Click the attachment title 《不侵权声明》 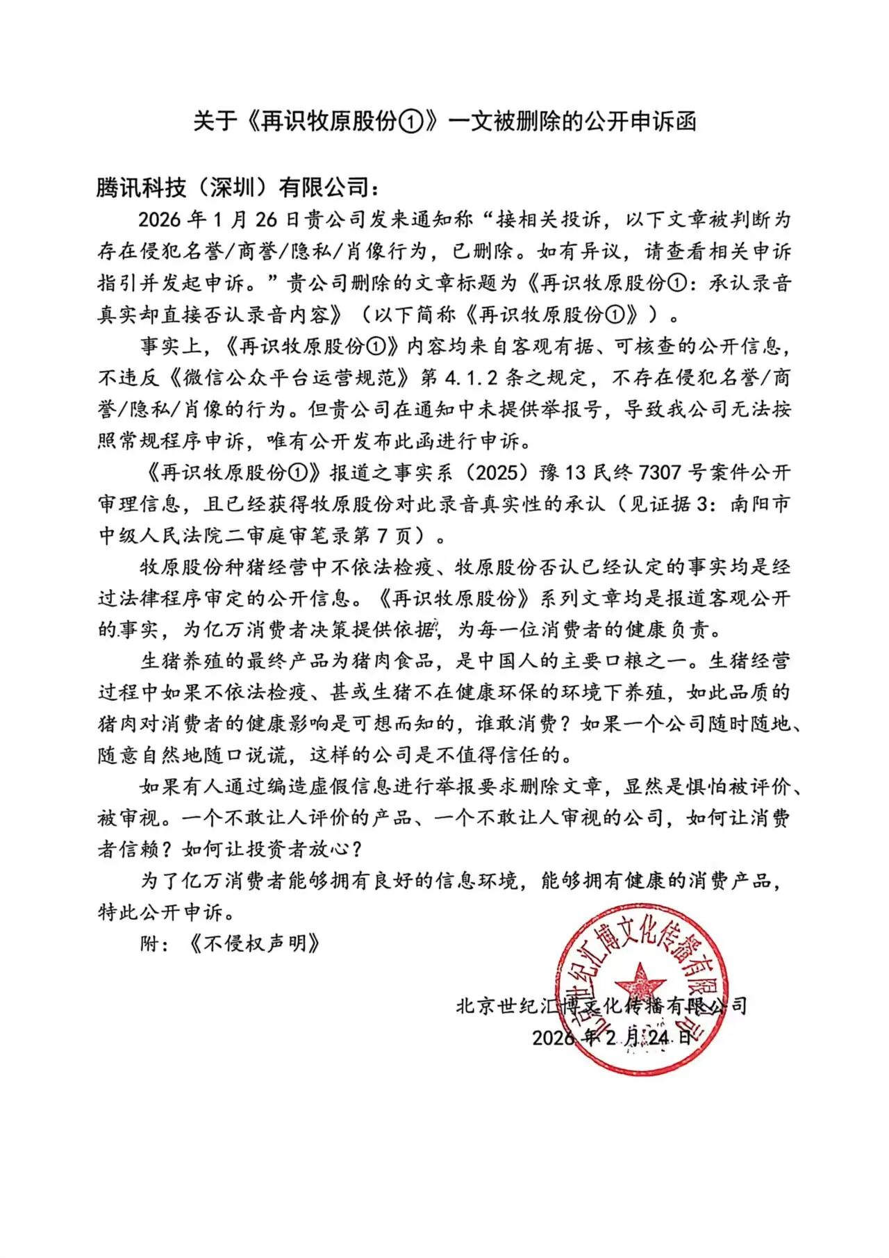click(254, 944)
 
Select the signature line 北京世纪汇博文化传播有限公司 click(601, 1006)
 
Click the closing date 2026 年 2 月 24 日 click(612, 1037)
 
